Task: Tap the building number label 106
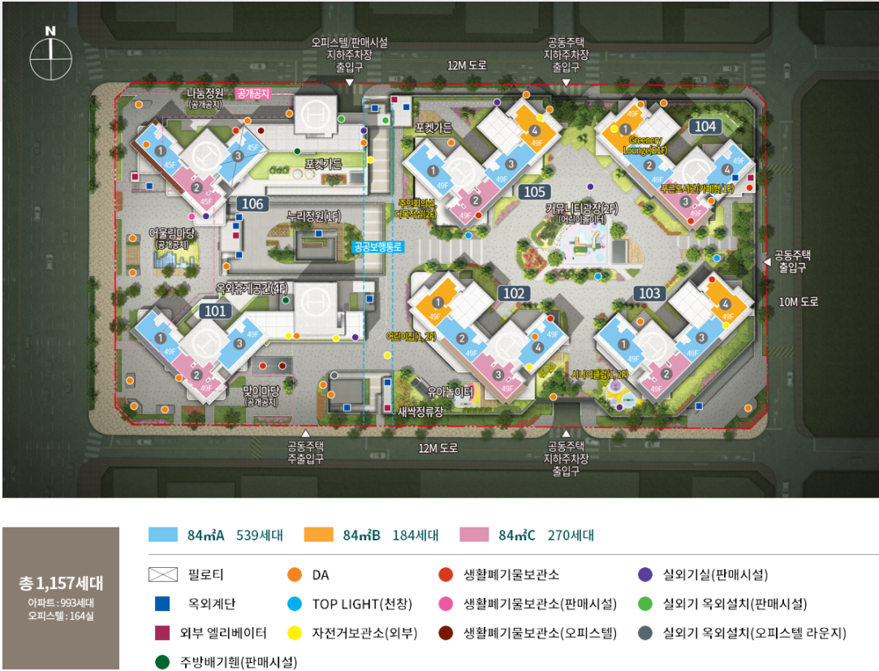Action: point(252,204)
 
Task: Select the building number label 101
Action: point(215,310)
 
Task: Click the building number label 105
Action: point(534,192)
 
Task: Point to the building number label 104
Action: point(705,127)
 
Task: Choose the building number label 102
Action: point(515,294)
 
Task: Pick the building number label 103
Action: point(650,294)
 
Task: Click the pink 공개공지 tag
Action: point(252,94)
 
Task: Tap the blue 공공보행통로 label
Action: point(377,247)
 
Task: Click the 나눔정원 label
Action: point(205,94)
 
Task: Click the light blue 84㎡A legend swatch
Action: point(163,535)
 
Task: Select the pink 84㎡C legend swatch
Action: point(474,535)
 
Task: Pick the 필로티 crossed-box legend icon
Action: point(163,575)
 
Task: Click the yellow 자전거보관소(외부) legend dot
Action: point(295,633)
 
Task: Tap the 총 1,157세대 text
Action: point(61,583)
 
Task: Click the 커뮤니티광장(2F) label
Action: point(581,209)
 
